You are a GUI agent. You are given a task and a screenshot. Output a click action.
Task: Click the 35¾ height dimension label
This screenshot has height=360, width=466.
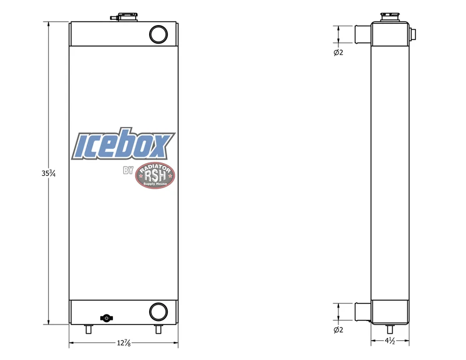coord(48,173)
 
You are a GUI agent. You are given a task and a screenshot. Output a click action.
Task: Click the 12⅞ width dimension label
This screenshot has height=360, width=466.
coord(123,343)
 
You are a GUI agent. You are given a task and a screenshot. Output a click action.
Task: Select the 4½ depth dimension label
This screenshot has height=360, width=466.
coord(390,341)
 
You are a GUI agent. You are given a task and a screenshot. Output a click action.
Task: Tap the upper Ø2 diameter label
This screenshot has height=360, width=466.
coord(338,52)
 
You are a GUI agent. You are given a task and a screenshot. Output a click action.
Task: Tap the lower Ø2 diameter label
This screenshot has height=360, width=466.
coord(338,330)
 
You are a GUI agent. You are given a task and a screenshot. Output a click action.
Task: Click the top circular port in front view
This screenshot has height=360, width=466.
coord(158,34)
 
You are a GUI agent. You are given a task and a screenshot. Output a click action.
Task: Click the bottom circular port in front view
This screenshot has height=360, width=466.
coord(158,312)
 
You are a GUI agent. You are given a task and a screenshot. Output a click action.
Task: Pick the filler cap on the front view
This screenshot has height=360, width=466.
coord(124,17)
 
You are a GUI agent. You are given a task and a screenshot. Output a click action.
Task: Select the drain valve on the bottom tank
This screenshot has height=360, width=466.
coord(107,318)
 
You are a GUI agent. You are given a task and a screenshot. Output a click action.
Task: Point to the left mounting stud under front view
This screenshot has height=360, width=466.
coord(89,329)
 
